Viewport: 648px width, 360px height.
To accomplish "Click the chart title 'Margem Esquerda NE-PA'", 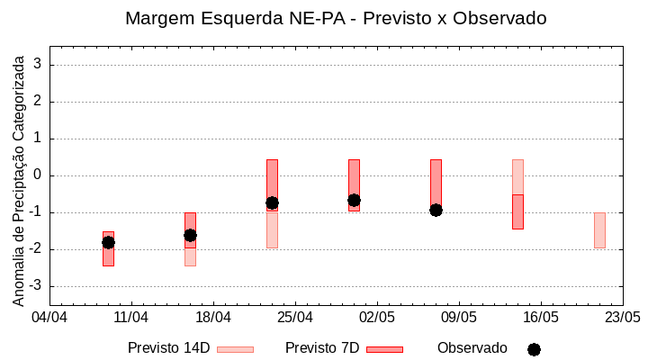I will pyautogui.click(x=336, y=18).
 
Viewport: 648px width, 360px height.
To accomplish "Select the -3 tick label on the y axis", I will pyautogui.click(x=36, y=286).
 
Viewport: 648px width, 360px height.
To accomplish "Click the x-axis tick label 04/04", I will pyautogui.click(x=49, y=318).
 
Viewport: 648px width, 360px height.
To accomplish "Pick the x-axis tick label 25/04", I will pyautogui.click(x=295, y=318).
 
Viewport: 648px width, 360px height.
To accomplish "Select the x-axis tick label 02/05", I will pyautogui.click(x=377, y=318).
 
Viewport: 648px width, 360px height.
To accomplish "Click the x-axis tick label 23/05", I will pyautogui.click(x=622, y=318).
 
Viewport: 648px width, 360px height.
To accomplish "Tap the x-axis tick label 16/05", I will pyautogui.click(x=541, y=318).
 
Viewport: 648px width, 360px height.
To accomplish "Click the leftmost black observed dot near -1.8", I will pyautogui.click(x=108, y=242).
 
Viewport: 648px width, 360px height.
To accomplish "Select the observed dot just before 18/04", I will pyautogui.click(x=190, y=235).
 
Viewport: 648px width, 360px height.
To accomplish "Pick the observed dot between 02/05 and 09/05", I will pyautogui.click(x=436, y=210).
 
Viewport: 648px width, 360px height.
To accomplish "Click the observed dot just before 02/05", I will pyautogui.click(x=354, y=200).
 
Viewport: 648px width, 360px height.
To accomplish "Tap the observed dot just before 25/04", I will pyautogui.click(x=272, y=202).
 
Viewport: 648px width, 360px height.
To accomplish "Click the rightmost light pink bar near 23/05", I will pyautogui.click(x=599, y=230).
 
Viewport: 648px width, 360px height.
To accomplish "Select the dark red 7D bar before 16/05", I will pyautogui.click(x=517, y=211).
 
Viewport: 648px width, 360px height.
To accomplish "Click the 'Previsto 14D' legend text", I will pyautogui.click(x=168, y=348).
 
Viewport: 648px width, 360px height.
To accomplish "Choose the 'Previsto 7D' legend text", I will pyautogui.click(x=322, y=348).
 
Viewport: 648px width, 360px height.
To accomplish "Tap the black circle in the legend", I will pyautogui.click(x=534, y=349).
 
